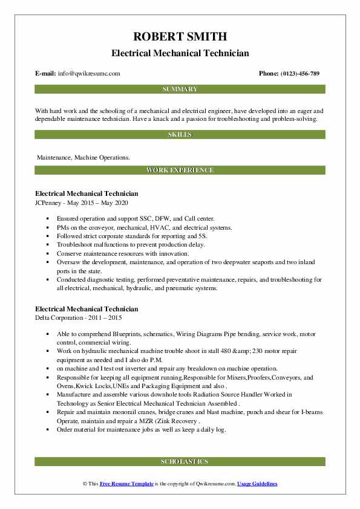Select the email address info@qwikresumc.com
[90, 74]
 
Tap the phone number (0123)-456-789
[298, 74]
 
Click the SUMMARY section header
[180, 89]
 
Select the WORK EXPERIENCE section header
[180, 170]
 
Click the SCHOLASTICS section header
[180, 461]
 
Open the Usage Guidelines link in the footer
[257, 484]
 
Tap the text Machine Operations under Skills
[105, 157]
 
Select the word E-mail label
[46, 74]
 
